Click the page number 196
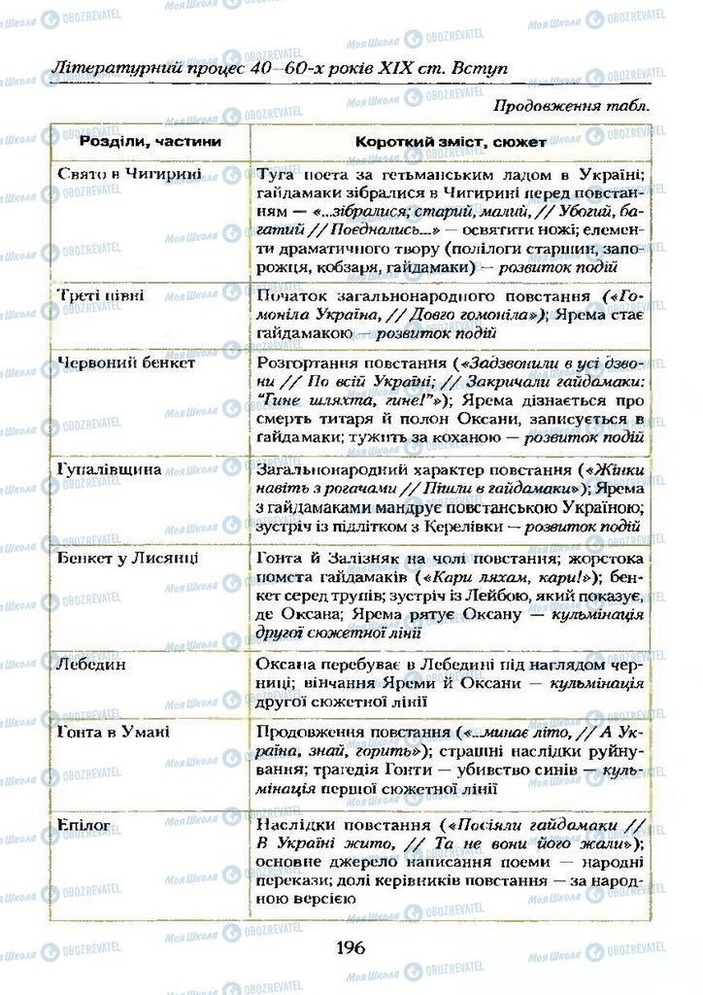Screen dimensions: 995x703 [x=351, y=947]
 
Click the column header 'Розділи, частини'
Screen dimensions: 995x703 [x=151, y=142]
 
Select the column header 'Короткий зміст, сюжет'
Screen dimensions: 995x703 [x=451, y=142]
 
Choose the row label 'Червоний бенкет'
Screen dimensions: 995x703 [x=126, y=362]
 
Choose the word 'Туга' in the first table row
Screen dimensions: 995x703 [x=276, y=175]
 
